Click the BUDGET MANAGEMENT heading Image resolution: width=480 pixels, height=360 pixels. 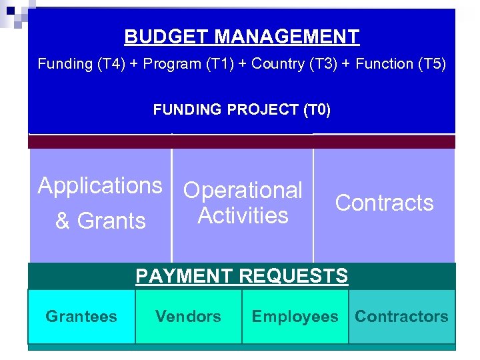pos(241,37)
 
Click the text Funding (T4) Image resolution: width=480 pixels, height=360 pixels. pos(65,64)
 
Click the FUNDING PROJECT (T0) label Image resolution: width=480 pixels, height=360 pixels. pos(241,109)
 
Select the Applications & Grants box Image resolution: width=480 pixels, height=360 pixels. pos(100,203)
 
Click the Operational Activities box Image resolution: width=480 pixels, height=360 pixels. pos(243,203)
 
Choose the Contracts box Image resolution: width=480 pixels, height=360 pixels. pos(384,203)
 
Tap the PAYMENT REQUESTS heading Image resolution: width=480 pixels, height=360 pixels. pos(241,276)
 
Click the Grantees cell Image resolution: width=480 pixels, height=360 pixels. pos(81,317)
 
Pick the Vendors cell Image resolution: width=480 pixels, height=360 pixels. pos(188,317)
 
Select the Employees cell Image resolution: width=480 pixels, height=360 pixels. pos(295,317)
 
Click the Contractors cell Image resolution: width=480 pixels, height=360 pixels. pos(401,317)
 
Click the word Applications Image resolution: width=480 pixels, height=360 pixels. pos(100,186)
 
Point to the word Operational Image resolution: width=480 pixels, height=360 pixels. pos(243,191)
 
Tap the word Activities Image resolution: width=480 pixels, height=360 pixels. pos(243,216)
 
